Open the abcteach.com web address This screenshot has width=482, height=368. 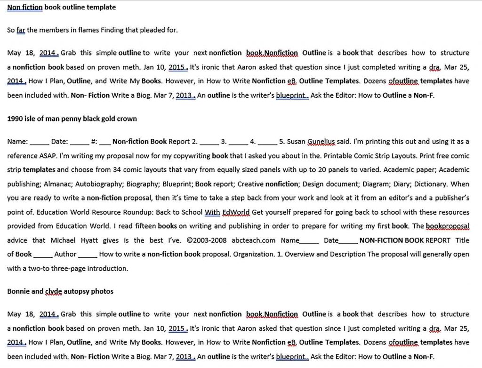click(x=253, y=240)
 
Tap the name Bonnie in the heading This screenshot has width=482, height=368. click(x=18, y=291)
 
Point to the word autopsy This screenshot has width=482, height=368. click(x=77, y=291)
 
